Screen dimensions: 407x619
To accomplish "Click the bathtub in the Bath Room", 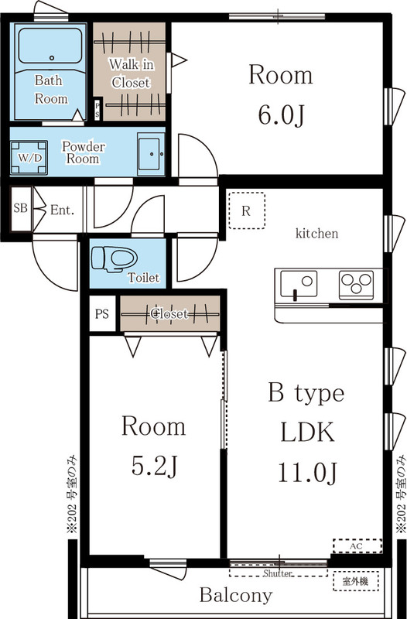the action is (x=50, y=46).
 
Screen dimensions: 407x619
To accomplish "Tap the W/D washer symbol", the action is (x=29, y=158).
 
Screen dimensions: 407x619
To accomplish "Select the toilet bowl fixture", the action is (x=114, y=259).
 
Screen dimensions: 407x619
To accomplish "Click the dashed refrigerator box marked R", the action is (x=247, y=210).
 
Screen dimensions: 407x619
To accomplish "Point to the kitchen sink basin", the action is (x=299, y=283).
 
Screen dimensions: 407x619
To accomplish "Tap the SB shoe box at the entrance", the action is (x=21, y=208).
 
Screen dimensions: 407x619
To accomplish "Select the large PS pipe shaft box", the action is (x=102, y=313).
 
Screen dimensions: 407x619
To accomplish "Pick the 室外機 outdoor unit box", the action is (x=356, y=581).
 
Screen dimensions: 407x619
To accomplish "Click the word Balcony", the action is (x=236, y=595).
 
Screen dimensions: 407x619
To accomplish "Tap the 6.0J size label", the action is (x=281, y=115).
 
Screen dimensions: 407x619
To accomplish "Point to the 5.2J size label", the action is (x=154, y=467).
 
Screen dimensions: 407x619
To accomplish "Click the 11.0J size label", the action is (x=308, y=472).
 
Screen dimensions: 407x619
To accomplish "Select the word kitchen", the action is (x=317, y=234).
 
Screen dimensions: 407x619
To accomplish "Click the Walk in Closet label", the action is (x=131, y=74).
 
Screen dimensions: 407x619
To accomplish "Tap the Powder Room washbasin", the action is (x=151, y=154).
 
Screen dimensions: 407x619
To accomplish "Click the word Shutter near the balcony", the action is (x=278, y=573).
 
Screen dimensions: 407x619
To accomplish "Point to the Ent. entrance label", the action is (x=63, y=210).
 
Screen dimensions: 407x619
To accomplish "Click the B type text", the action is (x=306, y=394).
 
